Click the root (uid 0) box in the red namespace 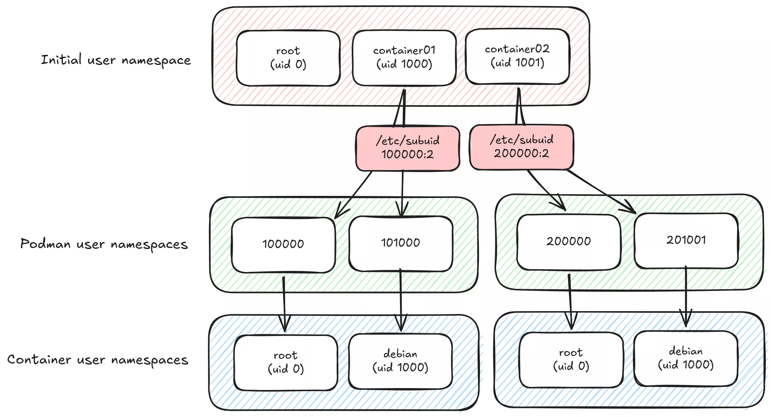click(x=288, y=58)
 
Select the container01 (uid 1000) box click(x=404, y=58)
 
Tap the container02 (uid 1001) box click(x=517, y=57)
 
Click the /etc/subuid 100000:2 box click(x=407, y=148)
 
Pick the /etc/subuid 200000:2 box click(x=521, y=147)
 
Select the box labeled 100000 click(x=283, y=244)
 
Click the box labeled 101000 click(x=400, y=243)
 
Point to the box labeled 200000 click(x=568, y=242)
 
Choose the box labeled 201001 click(x=686, y=241)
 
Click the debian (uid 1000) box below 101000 click(x=400, y=361)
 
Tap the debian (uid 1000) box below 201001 click(x=685, y=358)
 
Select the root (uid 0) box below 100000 click(x=285, y=363)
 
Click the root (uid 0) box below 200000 click(x=571, y=360)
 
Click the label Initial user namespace click(x=116, y=60)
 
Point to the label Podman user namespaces click(x=104, y=244)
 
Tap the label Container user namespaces click(x=97, y=360)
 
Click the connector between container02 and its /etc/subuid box click(x=519, y=107)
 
